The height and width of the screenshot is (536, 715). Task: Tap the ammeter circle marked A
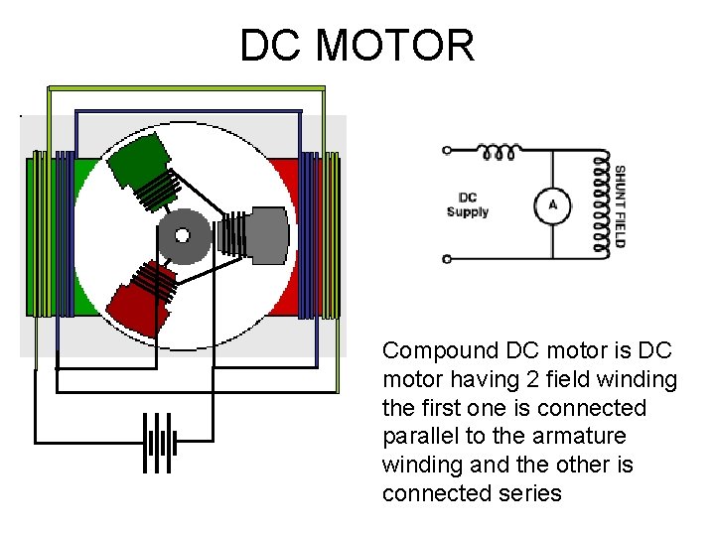coord(552,205)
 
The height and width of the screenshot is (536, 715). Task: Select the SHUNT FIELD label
coord(621,205)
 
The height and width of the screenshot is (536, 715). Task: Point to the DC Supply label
coord(467,205)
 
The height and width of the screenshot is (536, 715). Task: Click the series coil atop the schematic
coord(499,152)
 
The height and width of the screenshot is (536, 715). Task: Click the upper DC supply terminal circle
coord(447,151)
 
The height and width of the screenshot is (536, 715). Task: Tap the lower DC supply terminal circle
coord(447,259)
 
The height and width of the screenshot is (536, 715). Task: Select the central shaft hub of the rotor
coord(182,235)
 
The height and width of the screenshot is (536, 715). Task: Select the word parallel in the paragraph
coord(413,437)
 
